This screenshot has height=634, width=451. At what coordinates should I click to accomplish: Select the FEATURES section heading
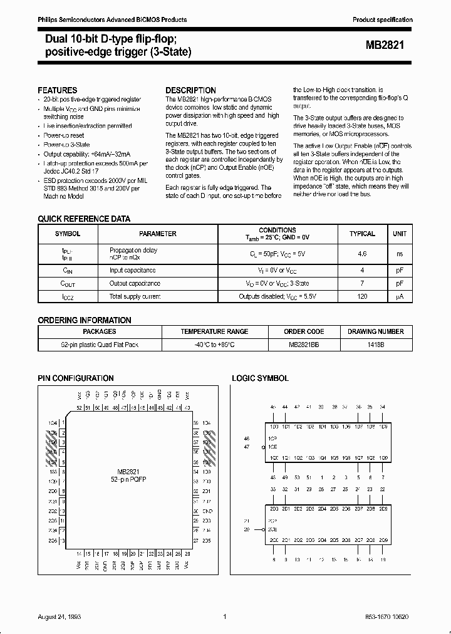(58, 90)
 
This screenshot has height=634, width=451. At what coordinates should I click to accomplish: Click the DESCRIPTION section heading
(190, 90)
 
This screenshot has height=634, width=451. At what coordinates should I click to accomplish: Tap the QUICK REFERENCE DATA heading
(84, 219)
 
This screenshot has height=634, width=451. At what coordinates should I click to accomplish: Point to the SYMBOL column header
(68, 234)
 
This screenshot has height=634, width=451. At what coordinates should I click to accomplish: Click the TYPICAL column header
(362, 234)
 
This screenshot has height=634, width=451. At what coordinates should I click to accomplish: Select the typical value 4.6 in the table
(362, 254)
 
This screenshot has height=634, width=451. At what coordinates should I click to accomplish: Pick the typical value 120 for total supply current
(362, 296)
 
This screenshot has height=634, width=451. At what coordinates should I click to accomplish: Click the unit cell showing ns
(399, 254)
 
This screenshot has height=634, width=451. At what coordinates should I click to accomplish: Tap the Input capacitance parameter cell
(132, 271)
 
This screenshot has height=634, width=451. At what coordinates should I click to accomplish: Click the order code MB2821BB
(304, 345)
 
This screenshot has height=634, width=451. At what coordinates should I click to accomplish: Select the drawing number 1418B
(376, 345)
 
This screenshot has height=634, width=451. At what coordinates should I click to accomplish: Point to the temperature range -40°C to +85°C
(214, 345)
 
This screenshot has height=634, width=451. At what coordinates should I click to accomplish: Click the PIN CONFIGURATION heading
(76, 378)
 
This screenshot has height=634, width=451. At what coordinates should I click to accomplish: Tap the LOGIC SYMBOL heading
(260, 378)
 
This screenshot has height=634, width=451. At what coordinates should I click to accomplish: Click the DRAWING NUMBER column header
(376, 331)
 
